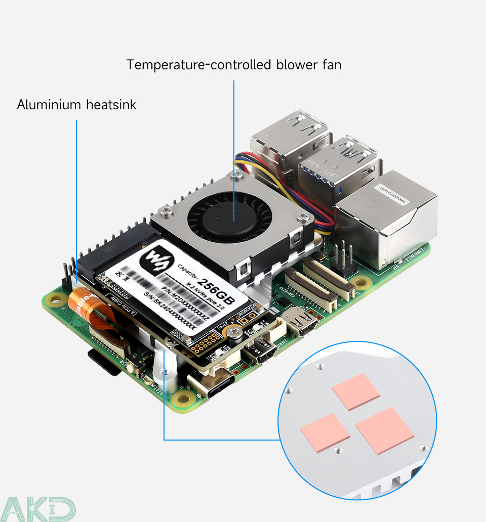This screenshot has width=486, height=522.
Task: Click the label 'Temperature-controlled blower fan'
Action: [234, 65]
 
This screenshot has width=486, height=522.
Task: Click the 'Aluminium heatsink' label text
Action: [76, 105]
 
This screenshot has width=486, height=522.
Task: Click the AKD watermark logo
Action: [37, 508]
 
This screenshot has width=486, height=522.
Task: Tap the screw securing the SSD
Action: [233, 332]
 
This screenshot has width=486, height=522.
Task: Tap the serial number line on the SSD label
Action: [170, 311]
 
